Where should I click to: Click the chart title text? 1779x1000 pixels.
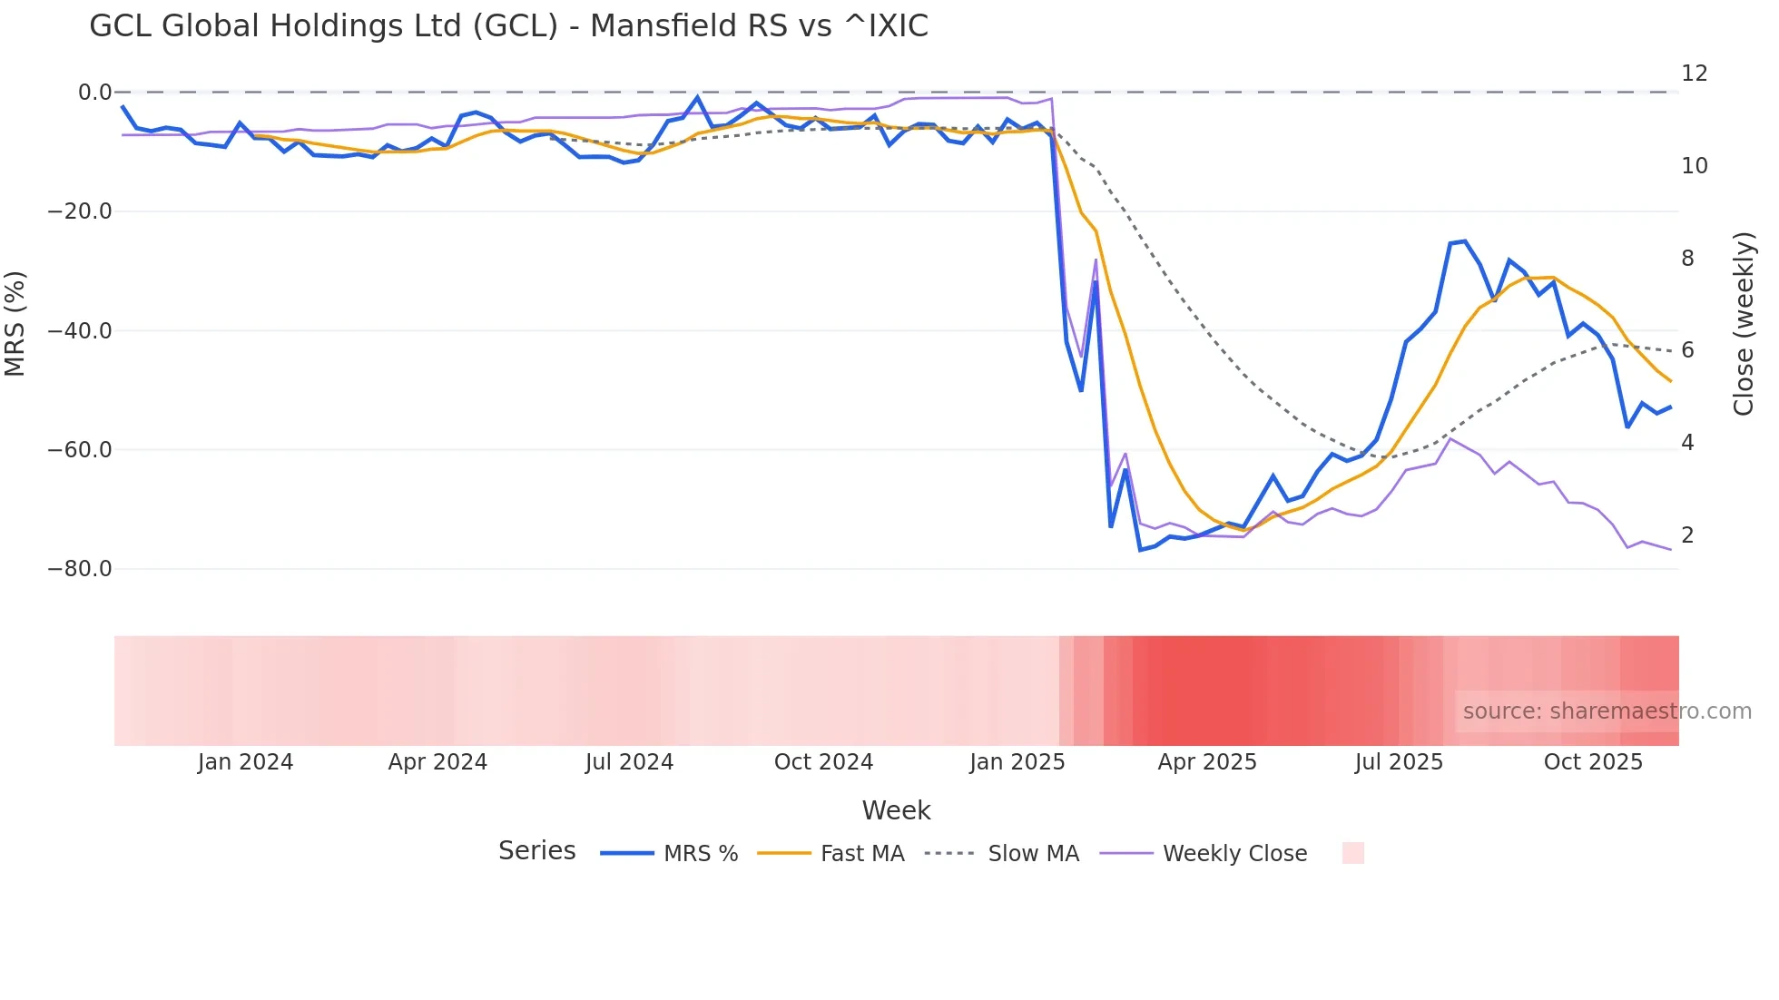click(508, 26)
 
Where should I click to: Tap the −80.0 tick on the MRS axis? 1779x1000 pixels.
click(80, 569)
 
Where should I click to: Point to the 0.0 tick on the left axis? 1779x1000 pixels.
click(94, 93)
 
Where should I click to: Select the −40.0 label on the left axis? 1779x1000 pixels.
click(80, 331)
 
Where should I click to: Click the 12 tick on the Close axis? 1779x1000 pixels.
click(1694, 74)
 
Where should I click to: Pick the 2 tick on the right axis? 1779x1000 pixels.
click(1687, 535)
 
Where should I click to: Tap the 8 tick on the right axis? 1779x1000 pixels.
click(1687, 259)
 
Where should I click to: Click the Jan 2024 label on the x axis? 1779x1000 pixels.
click(245, 762)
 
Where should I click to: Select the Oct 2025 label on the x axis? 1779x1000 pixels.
click(1593, 762)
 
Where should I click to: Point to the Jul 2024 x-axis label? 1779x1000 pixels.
click(629, 762)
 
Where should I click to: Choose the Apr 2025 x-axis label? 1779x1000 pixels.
click(1207, 762)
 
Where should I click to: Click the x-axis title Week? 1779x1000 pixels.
click(896, 810)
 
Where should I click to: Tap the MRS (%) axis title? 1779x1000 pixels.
click(15, 324)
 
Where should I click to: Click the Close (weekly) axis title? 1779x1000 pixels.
click(1743, 324)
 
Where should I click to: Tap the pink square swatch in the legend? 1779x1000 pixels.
click(1352, 853)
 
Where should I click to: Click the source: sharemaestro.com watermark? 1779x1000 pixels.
click(1607, 711)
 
